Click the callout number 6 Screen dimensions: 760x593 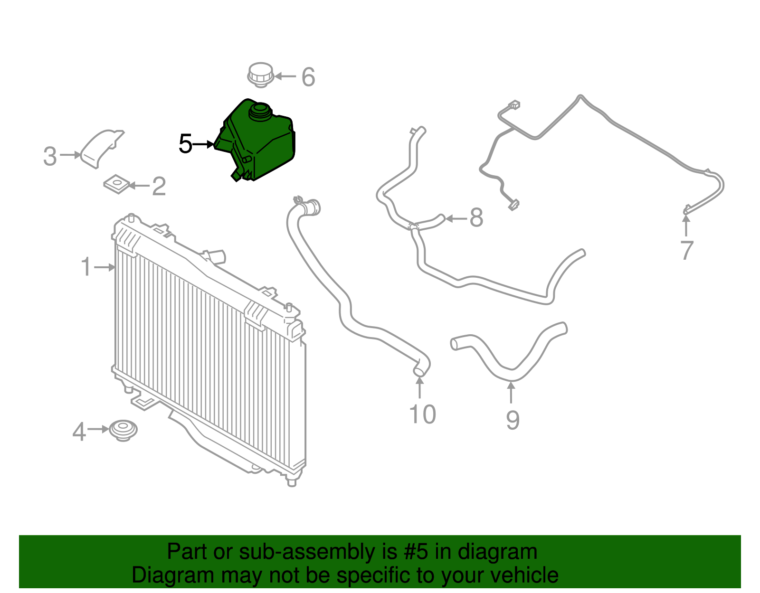click(x=308, y=77)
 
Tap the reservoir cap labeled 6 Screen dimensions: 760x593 click(x=260, y=75)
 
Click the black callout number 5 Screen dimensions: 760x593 click(x=185, y=143)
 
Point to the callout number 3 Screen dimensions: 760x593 click(x=50, y=156)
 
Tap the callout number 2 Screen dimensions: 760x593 click(x=159, y=186)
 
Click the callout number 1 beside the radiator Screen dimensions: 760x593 click(x=86, y=267)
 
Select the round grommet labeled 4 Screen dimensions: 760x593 click(x=123, y=431)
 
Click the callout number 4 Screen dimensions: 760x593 click(x=79, y=432)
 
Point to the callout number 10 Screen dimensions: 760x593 click(x=422, y=414)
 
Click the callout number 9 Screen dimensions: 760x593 click(x=513, y=420)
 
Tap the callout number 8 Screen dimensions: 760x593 click(x=476, y=217)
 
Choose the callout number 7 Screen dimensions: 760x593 click(x=687, y=250)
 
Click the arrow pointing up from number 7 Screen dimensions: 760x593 click(x=686, y=226)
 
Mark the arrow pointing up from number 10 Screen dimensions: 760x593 click(x=419, y=388)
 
